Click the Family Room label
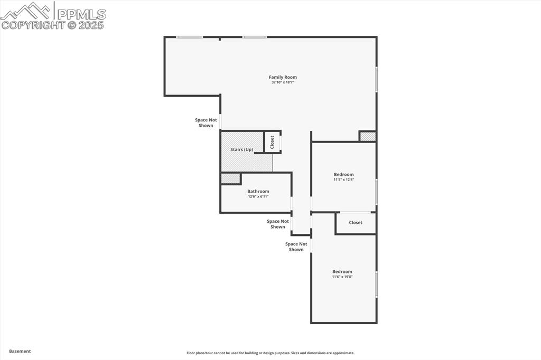point(283,77)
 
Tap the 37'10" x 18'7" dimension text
point(283,82)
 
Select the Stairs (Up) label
point(242,150)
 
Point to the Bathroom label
point(258,191)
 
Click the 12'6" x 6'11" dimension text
point(258,196)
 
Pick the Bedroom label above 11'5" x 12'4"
point(343,174)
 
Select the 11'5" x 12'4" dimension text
point(343,179)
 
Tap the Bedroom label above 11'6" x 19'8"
point(342,271)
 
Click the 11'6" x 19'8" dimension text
point(342,277)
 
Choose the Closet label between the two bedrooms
point(356,223)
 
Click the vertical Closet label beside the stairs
point(272,142)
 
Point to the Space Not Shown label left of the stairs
point(206,122)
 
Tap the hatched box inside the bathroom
point(230,178)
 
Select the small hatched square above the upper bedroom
point(367,136)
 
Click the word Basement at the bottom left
point(20,351)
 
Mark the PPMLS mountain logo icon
point(26,11)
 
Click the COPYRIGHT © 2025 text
point(53,25)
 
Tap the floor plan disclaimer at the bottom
point(270,353)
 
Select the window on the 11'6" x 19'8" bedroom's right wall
point(376,284)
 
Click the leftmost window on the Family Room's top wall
point(189,37)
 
